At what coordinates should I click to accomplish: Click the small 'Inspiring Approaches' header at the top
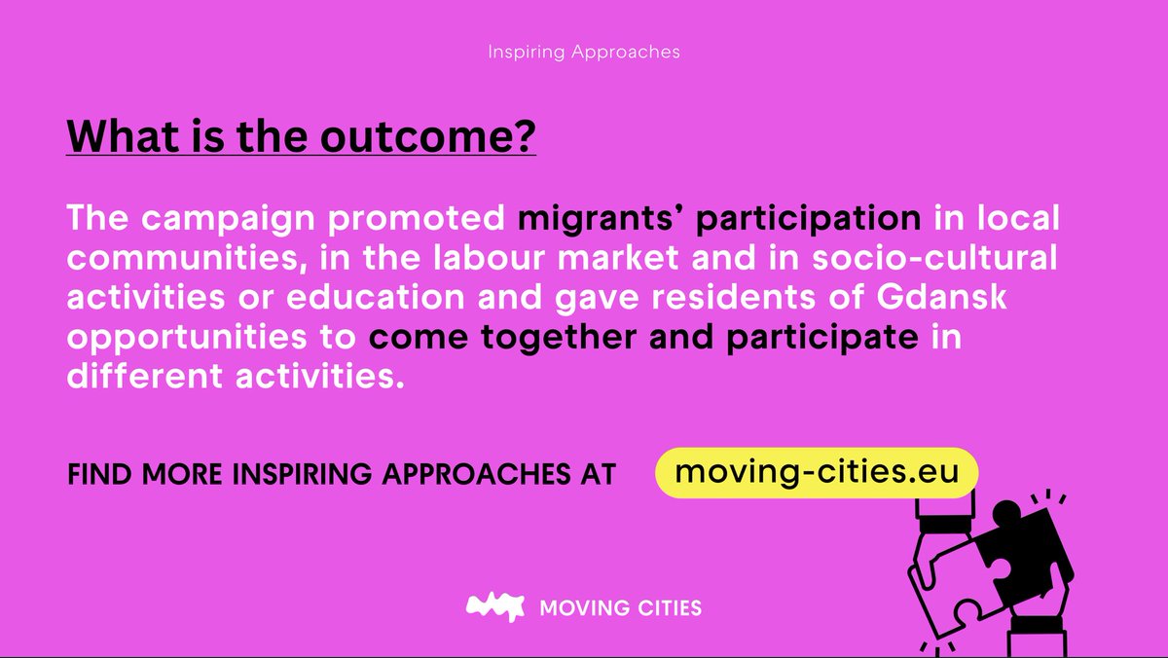[x=583, y=52]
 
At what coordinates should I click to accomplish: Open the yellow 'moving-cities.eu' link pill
[x=816, y=472]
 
